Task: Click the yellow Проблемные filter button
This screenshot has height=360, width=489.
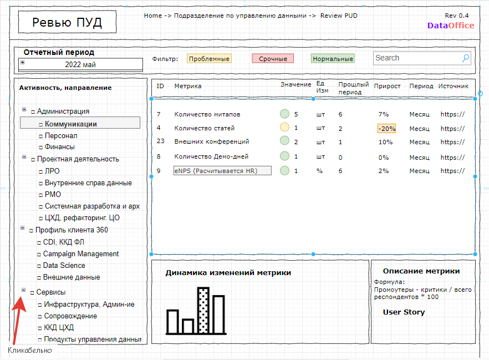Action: click(x=209, y=59)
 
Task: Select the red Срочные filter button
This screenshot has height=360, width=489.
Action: click(x=273, y=59)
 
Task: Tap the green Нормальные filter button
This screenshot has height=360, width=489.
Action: click(x=333, y=59)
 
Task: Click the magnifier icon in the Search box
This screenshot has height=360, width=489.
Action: click(x=466, y=58)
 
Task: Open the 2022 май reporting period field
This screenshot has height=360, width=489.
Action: click(x=80, y=64)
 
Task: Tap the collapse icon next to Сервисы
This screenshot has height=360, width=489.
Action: click(x=23, y=290)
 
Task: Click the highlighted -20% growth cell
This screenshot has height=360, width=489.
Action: click(x=387, y=129)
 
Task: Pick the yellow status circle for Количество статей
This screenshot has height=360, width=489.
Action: click(x=284, y=127)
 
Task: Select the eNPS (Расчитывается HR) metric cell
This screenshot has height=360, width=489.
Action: click(x=222, y=171)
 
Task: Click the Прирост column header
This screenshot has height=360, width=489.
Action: click(x=387, y=86)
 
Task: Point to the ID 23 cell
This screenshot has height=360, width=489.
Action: click(x=161, y=141)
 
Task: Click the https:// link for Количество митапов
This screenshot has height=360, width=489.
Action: click(x=452, y=114)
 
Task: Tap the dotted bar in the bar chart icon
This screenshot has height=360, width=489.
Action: click(x=203, y=311)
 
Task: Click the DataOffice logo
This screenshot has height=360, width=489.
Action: click(x=451, y=26)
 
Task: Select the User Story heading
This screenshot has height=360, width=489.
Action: click(x=404, y=312)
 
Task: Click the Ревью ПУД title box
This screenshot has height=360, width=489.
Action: click(x=68, y=22)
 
